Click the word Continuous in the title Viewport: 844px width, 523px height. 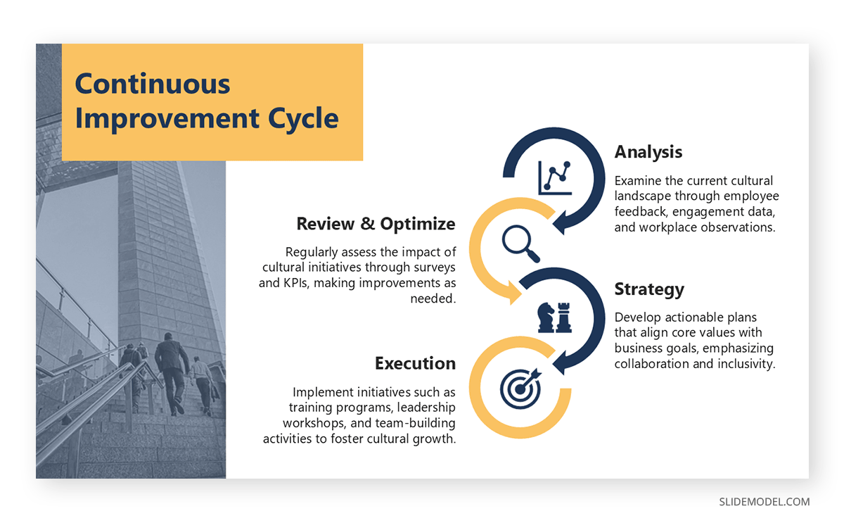click(152, 84)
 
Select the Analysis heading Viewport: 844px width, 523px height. click(648, 153)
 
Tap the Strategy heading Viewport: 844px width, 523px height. click(649, 290)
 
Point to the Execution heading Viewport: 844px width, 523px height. click(415, 363)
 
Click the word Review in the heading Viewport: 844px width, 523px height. click(325, 224)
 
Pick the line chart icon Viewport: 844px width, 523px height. click(555, 178)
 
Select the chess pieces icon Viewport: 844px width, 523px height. click(555, 317)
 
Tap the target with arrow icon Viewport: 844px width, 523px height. click(520, 389)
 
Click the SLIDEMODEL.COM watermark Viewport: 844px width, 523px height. click(764, 502)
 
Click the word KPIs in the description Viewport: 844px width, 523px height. click(296, 283)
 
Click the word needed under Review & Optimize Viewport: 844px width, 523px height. click(433, 298)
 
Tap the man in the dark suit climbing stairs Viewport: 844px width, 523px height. click(172, 373)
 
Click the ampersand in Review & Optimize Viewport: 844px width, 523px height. click(367, 224)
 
